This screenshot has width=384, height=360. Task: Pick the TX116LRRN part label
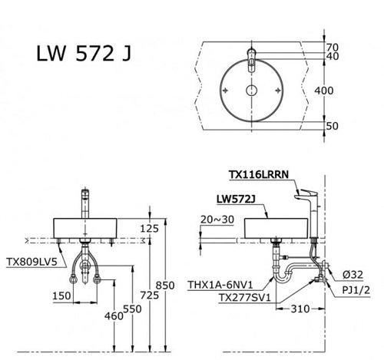(x=258, y=175)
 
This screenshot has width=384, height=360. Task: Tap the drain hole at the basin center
(x=252, y=91)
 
